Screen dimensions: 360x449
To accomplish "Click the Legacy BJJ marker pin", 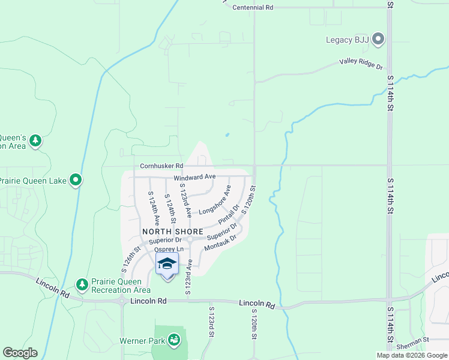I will coord(378,40).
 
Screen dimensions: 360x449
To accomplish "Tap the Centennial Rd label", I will coord(253,7).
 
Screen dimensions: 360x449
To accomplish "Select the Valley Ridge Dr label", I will coord(361,61).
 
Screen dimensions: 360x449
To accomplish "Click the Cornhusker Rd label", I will coord(161,166).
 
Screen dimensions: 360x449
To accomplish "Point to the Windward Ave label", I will coord(194,177).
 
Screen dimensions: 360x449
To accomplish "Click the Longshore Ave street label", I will coord(215,200).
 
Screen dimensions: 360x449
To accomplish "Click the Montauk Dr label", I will coord(221,242).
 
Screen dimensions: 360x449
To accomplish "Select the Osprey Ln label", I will coord(168,250).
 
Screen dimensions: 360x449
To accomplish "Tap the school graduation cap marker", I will coord(167,264).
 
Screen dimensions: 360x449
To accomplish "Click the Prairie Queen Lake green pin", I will coord(76,180).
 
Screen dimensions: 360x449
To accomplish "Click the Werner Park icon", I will coord(174,340).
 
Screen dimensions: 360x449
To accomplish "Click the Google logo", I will coord(20,353).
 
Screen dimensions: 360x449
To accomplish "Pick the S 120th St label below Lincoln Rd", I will coord(254,325).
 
